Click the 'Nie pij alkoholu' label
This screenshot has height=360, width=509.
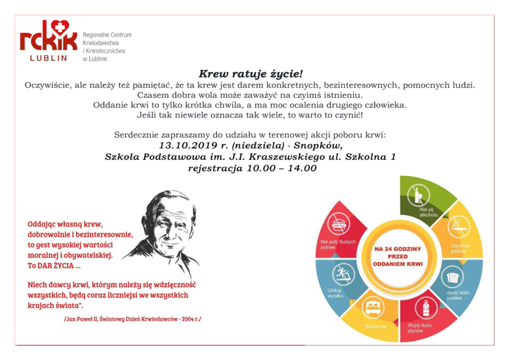429,212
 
